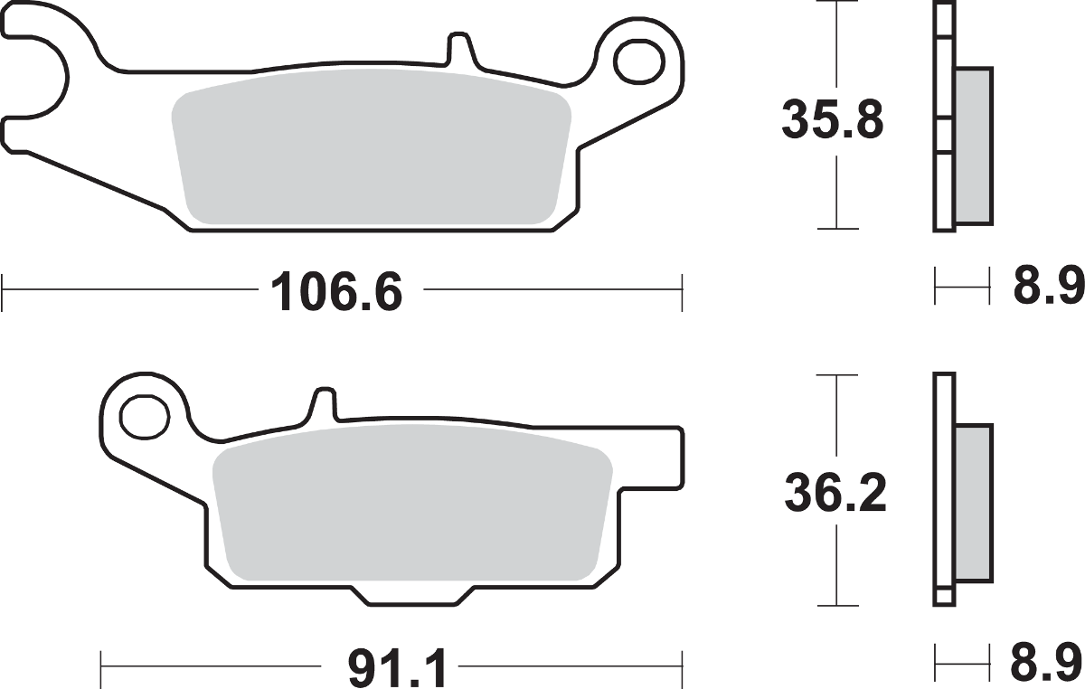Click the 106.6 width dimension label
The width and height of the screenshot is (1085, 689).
(x=335, y=291)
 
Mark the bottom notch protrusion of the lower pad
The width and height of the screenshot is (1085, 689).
(x=411, y=599)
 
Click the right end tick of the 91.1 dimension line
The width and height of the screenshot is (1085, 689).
(x=680, y=669)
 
